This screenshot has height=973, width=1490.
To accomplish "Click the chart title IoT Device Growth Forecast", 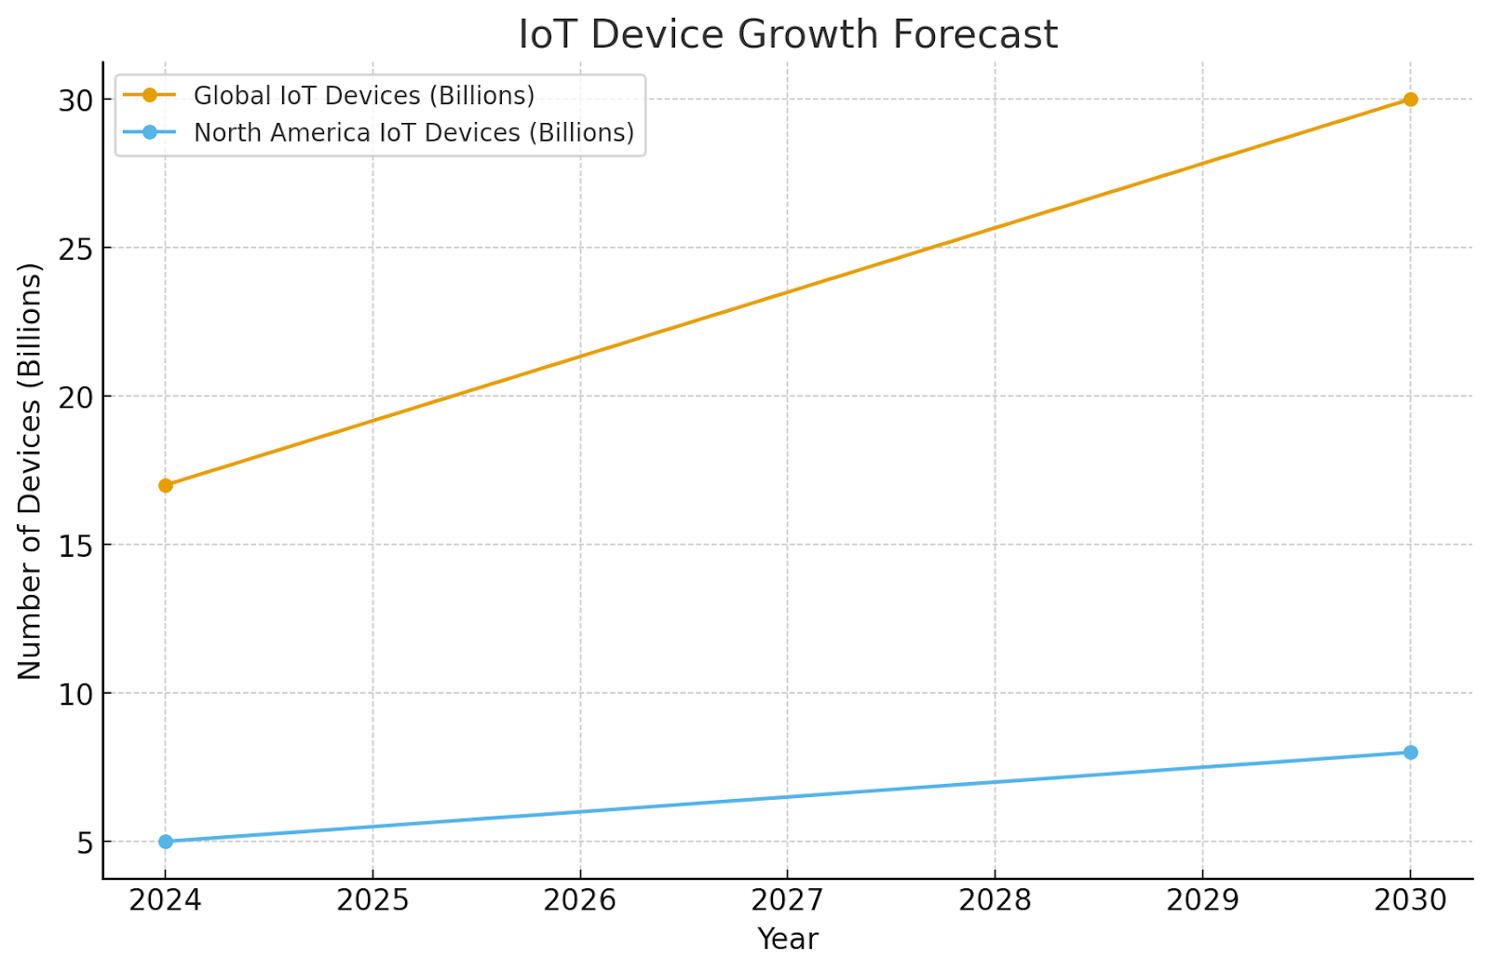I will (787, 34).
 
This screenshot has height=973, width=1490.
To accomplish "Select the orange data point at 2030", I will (1410, 100).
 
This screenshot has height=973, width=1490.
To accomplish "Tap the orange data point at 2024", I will (166, 485).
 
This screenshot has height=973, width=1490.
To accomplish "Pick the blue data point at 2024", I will (166, 842).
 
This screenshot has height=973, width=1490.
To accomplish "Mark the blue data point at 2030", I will (1410, 752).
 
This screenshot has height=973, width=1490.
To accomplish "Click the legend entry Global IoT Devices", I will (363, 96).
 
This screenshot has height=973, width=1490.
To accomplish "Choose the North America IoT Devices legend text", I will (413, 133).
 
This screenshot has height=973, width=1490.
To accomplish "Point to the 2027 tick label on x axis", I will (787, 900).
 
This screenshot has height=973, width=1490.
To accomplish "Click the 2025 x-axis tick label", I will (372, 900).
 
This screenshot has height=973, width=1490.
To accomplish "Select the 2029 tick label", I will (1202, 900).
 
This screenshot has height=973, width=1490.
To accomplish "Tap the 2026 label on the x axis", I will (580, 900).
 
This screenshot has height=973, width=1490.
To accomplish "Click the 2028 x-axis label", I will (995, 900).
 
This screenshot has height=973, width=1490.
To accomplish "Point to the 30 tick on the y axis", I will (76, 101).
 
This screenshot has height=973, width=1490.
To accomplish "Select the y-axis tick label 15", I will (76, 546).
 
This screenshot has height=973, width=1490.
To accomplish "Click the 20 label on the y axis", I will (76, 398).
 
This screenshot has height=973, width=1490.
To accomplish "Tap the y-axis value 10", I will (76, 694).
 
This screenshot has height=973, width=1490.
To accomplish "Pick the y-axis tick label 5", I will (86, 843).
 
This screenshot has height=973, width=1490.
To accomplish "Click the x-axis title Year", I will (787, 939).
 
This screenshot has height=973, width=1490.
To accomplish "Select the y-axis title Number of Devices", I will (30, 471).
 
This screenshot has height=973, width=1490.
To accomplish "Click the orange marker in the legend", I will (149, 96).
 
